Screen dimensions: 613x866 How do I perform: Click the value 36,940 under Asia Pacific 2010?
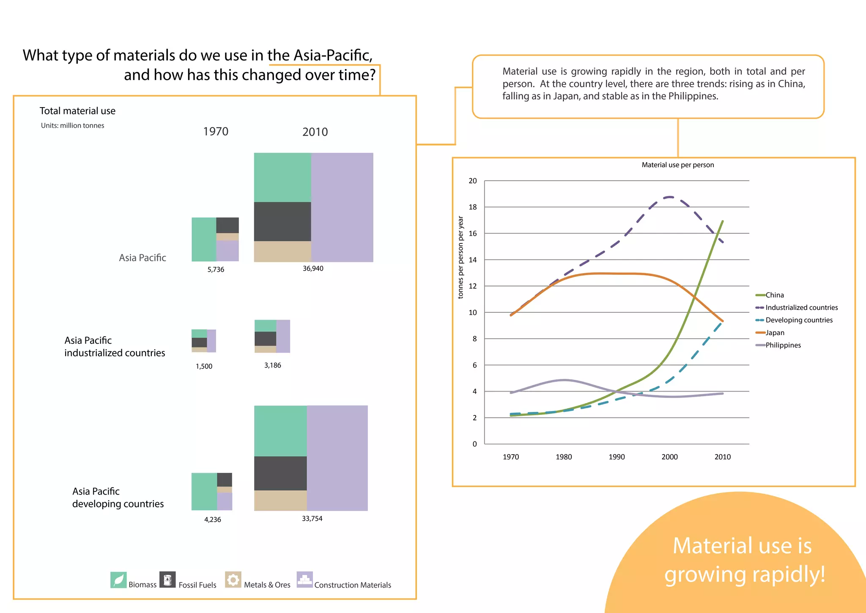(313, 268)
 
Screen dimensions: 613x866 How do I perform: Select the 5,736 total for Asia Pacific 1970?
(216, 270)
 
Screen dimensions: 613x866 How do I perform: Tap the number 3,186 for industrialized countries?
(272, 365)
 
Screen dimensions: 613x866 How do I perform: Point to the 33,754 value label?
(312, 519)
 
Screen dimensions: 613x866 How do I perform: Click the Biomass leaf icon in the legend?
(118, 580)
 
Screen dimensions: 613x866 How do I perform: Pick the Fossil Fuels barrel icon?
(167, 580)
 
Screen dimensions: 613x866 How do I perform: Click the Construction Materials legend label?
(353, 585)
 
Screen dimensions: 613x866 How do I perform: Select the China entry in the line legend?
(774, 295)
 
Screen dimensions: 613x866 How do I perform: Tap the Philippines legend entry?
(783, 345)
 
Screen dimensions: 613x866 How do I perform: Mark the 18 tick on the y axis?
(473, 207)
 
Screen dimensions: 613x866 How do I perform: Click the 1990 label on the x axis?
(617, 457)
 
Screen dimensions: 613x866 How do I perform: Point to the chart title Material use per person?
(677, 165)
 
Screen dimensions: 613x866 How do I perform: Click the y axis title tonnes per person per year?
(461, 257)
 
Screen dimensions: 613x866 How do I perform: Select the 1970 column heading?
(216, 132)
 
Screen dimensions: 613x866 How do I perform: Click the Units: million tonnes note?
(72, 126)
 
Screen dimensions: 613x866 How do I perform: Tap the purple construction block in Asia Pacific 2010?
(342, 207)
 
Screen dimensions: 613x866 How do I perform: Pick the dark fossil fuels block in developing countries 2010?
(280, 473)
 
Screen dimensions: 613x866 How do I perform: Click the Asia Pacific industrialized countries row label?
(115, 347)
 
